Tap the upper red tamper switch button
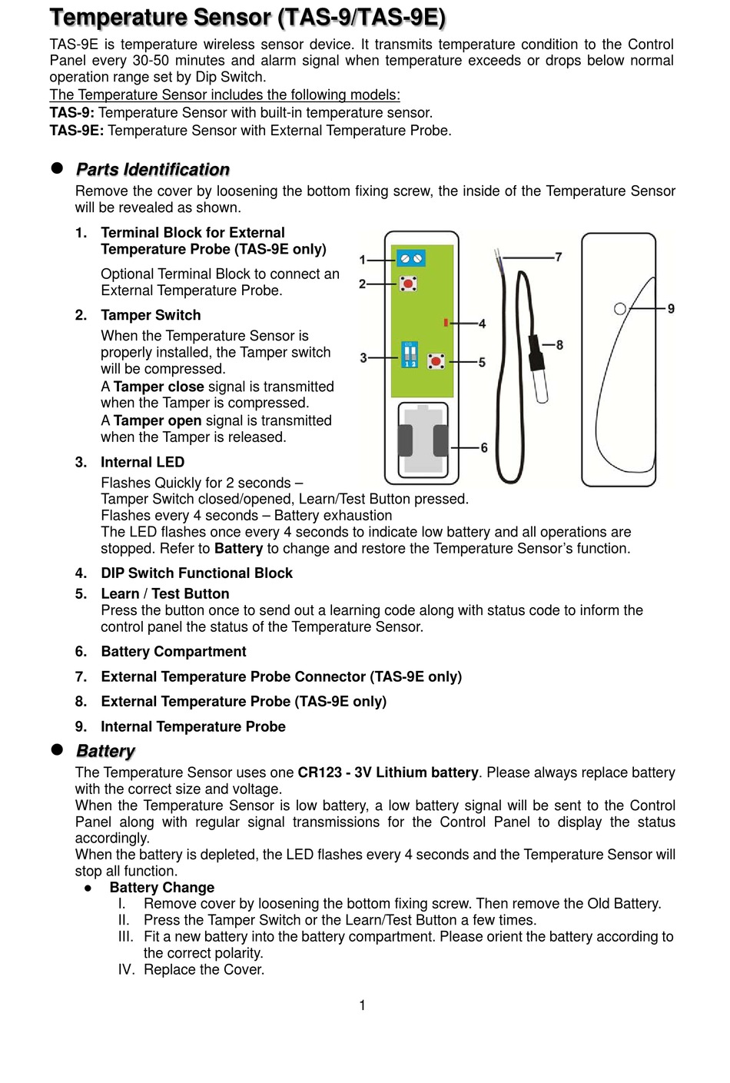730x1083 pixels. point(409,284)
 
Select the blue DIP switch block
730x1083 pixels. point(410,354)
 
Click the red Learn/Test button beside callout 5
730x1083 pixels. point(436,360)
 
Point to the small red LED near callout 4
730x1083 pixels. point(446,321)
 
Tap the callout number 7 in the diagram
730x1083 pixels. point(559,257)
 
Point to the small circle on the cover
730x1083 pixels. point(620,308)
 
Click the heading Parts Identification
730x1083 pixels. point(152,169)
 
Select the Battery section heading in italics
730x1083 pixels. point(105,751)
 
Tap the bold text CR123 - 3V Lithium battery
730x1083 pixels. point(388,772)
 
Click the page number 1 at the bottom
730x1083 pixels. point(363,1005)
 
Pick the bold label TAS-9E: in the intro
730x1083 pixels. point(76,131)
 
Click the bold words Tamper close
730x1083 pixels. point(158,387)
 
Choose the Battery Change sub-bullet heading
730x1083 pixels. point(161,888)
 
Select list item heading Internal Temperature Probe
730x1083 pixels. point(193,726)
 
